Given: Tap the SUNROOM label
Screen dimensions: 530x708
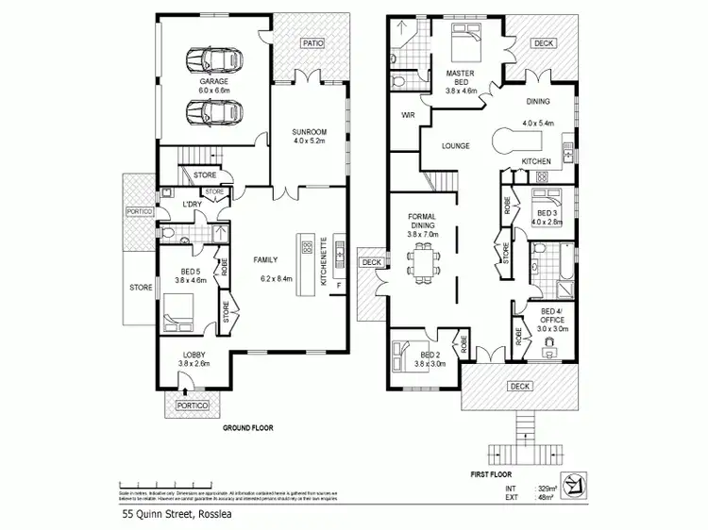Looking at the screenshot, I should (309, 131).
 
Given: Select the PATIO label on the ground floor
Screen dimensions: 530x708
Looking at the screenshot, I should (312, 43).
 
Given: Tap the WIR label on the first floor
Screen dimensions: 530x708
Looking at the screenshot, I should (409, 115).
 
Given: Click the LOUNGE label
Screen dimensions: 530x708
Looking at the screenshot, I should (457, 146).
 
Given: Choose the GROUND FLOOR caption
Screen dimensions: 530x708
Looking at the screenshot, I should (247, 428).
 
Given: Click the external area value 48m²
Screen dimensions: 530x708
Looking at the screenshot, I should (547, 499).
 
